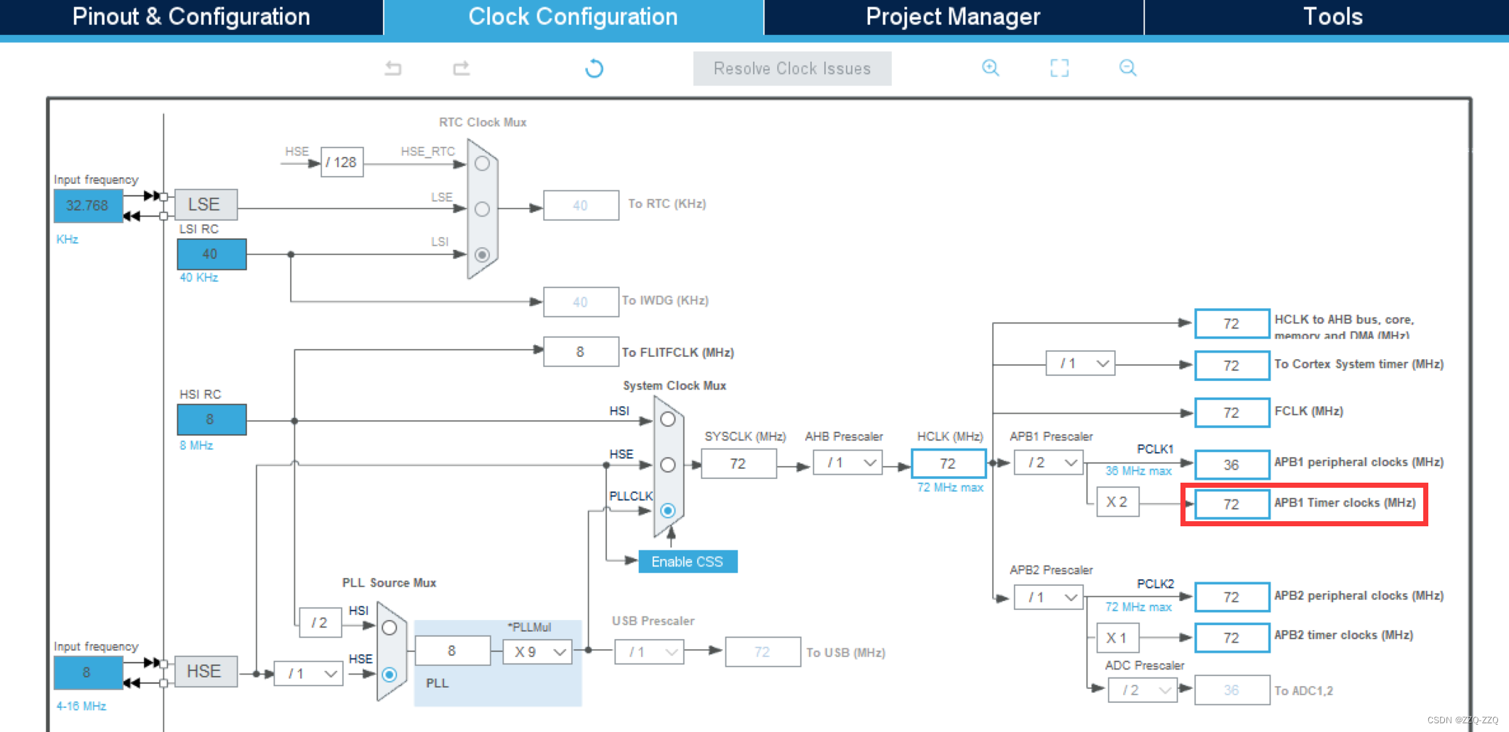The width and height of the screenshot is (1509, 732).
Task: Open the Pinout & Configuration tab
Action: click(191, 17)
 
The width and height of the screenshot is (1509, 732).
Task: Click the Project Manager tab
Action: click(953, 17)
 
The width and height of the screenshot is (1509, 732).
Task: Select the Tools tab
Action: click(1332, 17)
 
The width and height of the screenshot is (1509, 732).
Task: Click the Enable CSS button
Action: click(687, 561)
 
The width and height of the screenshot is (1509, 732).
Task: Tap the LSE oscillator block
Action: click(204, 204)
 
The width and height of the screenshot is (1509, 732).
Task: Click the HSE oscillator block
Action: click(204, 671)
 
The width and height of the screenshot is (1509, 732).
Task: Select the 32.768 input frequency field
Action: click(87, 206)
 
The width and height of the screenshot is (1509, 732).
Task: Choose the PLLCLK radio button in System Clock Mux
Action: click(668, 510)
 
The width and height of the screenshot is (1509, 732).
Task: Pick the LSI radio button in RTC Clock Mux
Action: click(482, 254)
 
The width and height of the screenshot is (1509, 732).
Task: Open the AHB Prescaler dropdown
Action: click(848, 463)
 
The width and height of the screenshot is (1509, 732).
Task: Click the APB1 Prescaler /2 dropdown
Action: click(1049, 463)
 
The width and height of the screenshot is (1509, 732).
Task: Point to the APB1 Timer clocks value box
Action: click(1231, 504)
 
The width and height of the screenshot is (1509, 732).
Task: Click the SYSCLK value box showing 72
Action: click(738, 464)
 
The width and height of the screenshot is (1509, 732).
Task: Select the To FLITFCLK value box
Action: click(580, 352)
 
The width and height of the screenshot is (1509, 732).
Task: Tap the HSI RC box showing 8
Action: click(211, 419)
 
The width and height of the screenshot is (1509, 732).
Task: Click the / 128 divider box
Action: click(342, 162)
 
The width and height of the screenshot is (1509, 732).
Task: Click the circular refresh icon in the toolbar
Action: click(594, 68)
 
